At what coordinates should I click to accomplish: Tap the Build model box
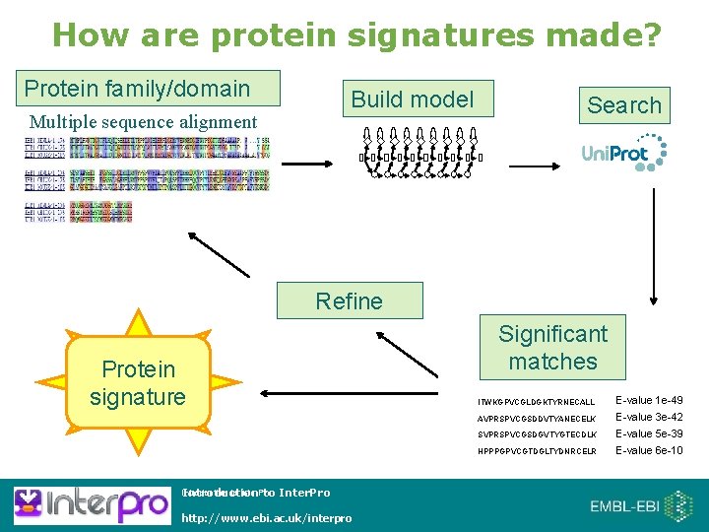coord(413,100)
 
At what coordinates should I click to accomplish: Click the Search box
coord(624,105)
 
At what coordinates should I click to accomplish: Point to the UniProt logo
coord(623,153)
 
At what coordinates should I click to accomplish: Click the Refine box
coord(350,300)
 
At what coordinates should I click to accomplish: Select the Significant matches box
coord(552,348)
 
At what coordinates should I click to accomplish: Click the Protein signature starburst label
coord(138,382)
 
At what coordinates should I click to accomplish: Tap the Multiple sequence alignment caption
coord(143,123)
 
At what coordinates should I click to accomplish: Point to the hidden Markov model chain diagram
coord(420,152)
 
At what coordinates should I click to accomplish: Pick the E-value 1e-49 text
coord(649,401)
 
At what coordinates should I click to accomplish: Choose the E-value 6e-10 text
coord(649,450)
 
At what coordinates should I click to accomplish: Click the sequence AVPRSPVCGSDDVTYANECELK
coord(537,418)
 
